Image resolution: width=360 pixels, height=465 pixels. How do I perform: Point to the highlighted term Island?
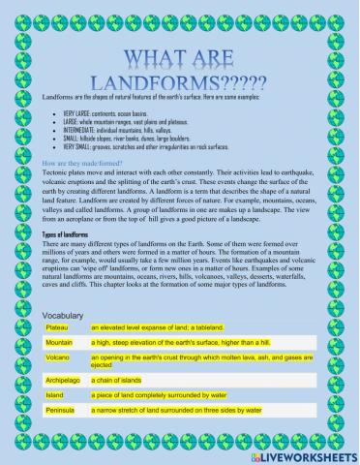pos(57,396)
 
